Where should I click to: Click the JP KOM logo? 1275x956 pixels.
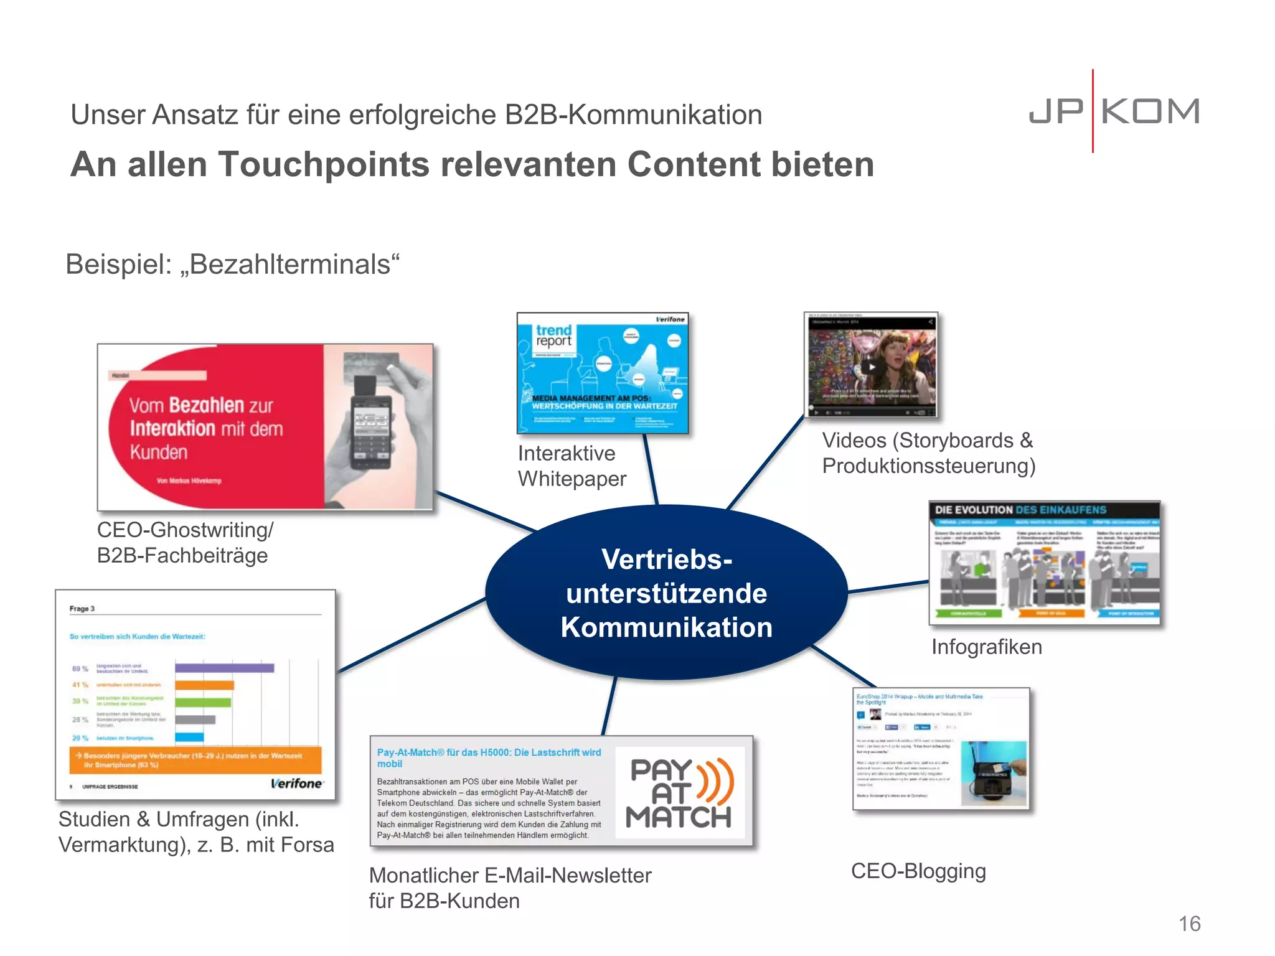tap(1114, 112)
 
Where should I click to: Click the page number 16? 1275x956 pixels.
tap(1189, 924)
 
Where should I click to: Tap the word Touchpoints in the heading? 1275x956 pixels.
tap(323, 165)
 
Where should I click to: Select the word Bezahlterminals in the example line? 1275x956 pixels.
tap(289, 265)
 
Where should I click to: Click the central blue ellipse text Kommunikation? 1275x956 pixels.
tap(666, 627)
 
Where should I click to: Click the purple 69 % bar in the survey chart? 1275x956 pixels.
tap(224, 668)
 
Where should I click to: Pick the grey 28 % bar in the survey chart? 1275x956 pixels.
tap(195, 719)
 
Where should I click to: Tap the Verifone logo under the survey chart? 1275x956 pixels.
tap(296, 784)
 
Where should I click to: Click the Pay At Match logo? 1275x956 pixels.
tap(680, 793)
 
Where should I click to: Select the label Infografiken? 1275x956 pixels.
tap(986, 647)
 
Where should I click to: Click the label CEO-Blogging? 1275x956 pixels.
tap(918, 871)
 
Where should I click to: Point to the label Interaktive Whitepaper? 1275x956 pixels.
tap(571, 466)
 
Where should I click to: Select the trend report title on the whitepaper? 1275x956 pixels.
tap(553, 335)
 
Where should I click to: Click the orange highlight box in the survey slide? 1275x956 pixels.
tap(195, 760)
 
